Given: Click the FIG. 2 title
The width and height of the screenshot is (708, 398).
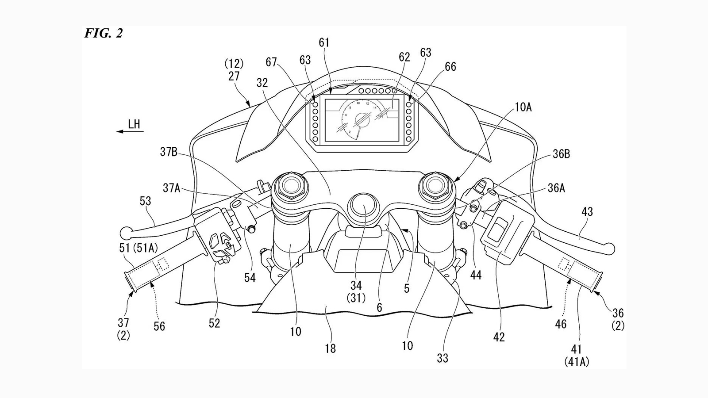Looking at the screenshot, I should (x=104, y=33).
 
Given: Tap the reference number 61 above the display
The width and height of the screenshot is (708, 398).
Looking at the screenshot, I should (x=324, y=42).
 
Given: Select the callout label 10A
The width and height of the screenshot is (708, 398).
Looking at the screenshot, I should (x=523, y=107).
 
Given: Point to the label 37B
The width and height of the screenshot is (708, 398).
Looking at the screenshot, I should (x=169, y=152).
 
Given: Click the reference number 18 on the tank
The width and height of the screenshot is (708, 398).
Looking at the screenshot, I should (x=330, y=348).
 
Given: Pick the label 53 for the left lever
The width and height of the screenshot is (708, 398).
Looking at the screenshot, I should (x=145, y=201).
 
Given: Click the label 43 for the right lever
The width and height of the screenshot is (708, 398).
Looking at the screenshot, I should (x=587, y=212).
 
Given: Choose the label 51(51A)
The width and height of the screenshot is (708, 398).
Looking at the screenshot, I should (x=139, y=248).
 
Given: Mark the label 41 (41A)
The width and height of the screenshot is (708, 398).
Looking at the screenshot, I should (x=577, y=356).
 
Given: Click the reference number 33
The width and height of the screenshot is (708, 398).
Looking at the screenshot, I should (x=442, y=358).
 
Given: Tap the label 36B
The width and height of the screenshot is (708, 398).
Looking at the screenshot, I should (x=561, y=154).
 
